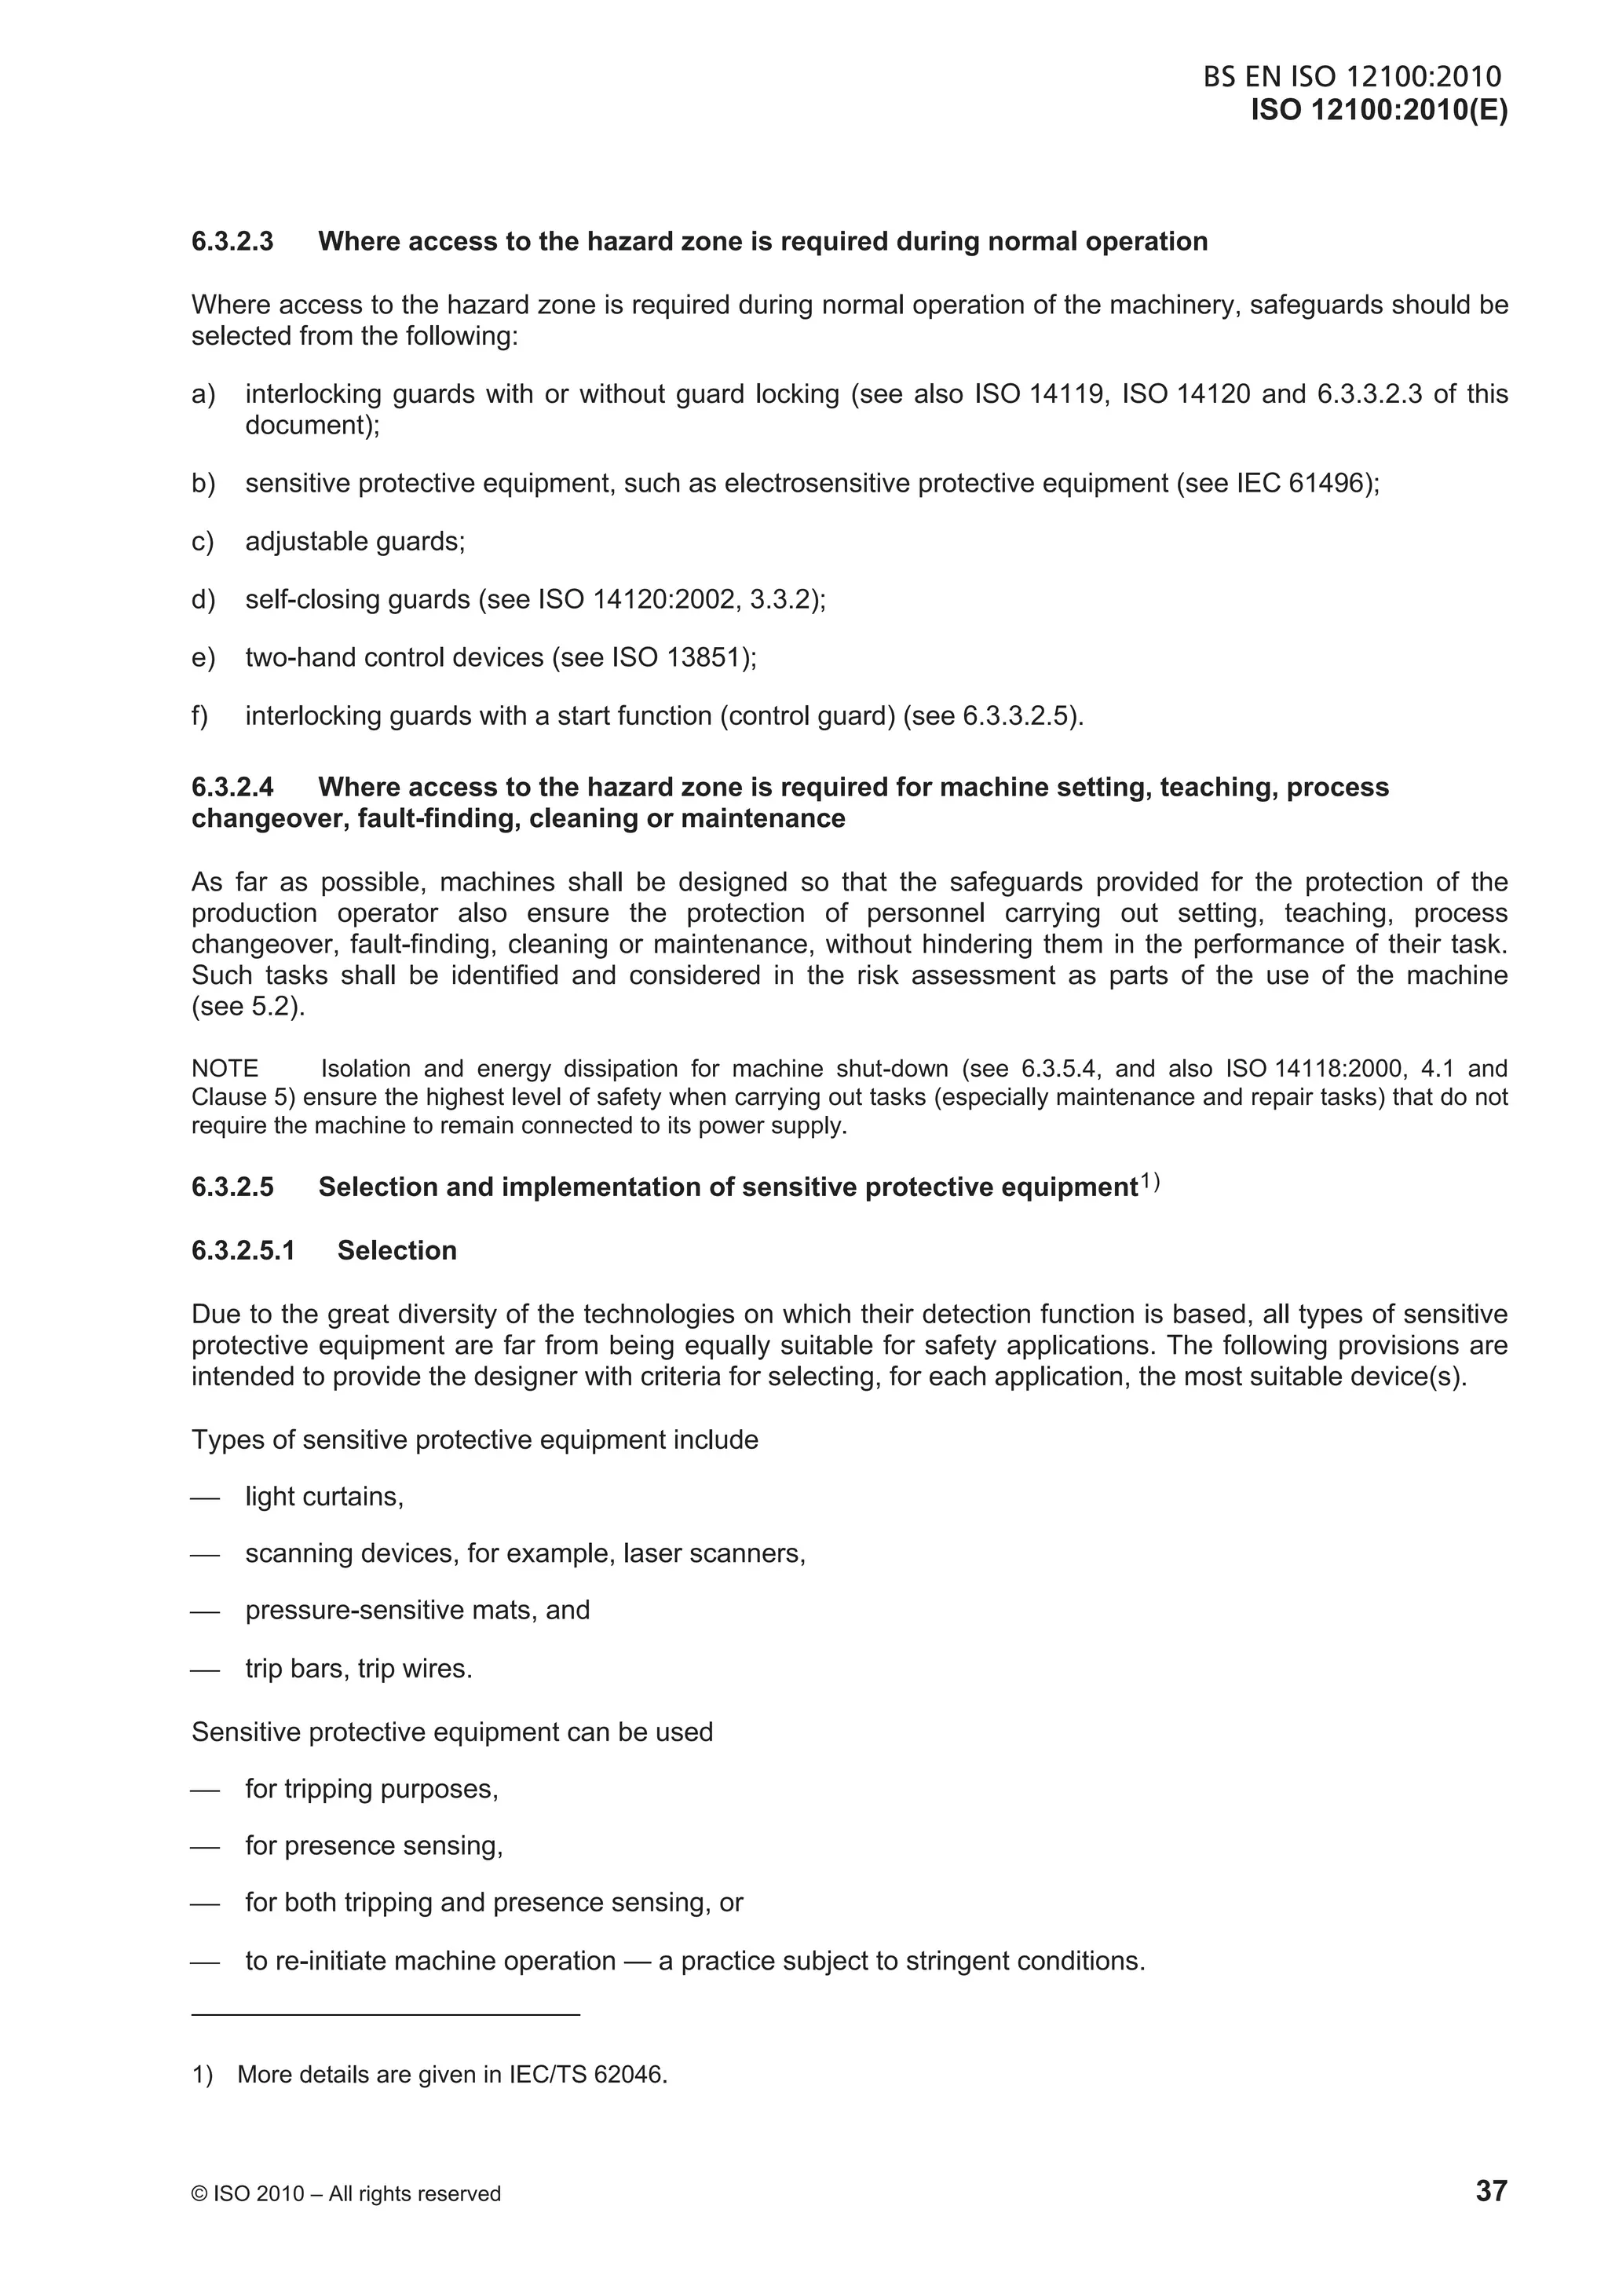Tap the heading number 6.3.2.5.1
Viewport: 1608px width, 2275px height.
click(x=243, y=1250)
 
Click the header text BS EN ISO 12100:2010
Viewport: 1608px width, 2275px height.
click(x=1352, y=77)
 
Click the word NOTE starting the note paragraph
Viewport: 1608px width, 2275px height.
click(x=225, y=1069)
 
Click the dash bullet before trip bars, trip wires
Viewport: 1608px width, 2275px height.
click(x=204, y=1670)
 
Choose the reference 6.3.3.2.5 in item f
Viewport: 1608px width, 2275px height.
click(x=1018, y=715)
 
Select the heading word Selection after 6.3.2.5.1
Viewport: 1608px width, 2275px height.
click(x=397, y=1250)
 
